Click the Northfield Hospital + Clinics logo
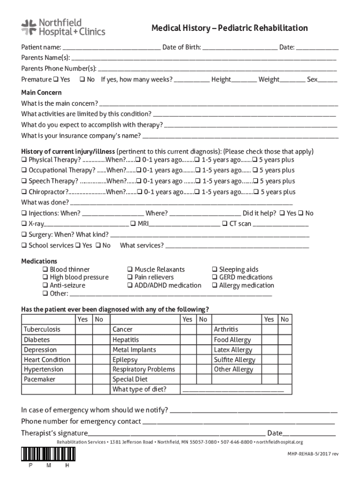click(63, 27)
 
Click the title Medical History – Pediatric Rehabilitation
click(229, 28)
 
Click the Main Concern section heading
click(41, 93)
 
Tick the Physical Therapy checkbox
click(24, 160)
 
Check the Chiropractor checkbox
click(24, 192)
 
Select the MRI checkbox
click(133, 224)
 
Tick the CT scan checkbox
click(225, 224)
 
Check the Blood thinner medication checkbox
click(45, 269)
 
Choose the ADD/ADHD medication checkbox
click(130, 285)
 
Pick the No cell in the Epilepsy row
click(202, 360)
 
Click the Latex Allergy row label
click(233, 350)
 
